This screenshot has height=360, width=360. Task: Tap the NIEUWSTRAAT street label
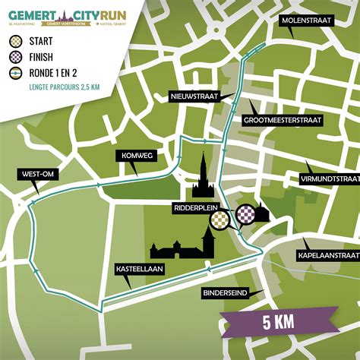pos(194,96)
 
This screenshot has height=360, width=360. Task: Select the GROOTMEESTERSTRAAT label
pos(283,120)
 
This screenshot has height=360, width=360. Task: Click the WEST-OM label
pos(36,175)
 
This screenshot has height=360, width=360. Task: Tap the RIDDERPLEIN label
pos(193,206)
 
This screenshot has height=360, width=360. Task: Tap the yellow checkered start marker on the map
pos(219,219)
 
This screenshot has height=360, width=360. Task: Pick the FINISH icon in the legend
pos(17,57)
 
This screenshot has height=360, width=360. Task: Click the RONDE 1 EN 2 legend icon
pos(17,73)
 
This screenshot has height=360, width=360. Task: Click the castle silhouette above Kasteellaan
pos(181,247)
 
